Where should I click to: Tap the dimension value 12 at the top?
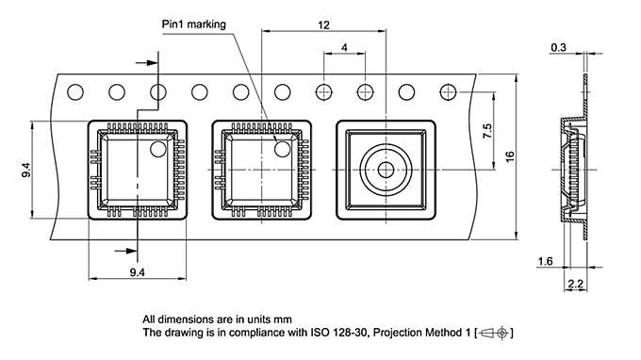(x=324, y=25)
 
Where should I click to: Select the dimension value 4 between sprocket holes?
(x=345, y=47)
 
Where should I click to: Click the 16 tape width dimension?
(x=510, y=155)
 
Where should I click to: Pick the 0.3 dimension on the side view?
(x=558, y=46)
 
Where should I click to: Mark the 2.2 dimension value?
(x=575, y=284)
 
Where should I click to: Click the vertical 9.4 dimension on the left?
(x=26, y=170)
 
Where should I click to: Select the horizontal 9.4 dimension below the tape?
(x=136, y=272)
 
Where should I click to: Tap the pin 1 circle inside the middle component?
(x=282, y=147)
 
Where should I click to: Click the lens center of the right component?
(x=386, y=170)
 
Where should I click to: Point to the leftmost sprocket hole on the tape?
(x=75, y=91)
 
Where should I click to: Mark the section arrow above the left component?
(x=149, y=63)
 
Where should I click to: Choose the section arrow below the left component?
(x=123, y=250)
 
